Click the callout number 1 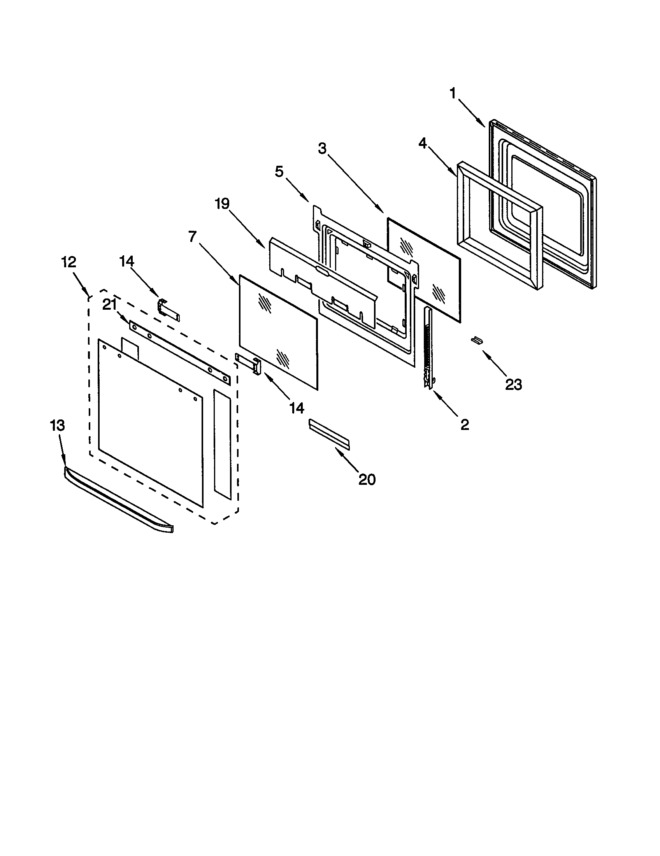[453, 94]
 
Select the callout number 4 [422, 144]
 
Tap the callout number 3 [322, 149]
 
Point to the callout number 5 [279, 172]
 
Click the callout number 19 [222, 204]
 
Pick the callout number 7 [192, 237]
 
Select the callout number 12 [68, 262]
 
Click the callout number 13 [57, 425]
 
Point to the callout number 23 [513, 385]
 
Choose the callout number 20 [367, 479]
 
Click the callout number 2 [465, 424]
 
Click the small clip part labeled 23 [477, 340]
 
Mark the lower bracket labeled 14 [248, 363]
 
